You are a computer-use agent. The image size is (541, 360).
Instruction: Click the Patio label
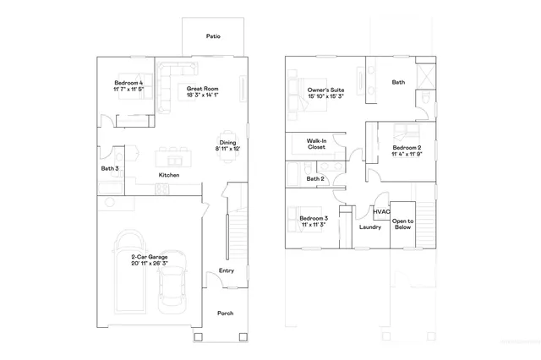click(214, 36)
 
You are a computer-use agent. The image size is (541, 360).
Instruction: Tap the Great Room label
click(203, 89)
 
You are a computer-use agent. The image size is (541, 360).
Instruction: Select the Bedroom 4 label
click(129, 84)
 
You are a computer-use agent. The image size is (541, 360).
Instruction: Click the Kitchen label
click(169, 175)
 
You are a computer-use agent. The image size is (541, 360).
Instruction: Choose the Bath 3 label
click(109, 168)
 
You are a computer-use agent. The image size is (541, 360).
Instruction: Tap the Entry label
click(226, 270)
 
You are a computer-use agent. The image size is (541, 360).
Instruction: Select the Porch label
click(225, 313)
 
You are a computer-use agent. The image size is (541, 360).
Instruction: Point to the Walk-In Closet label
click(317, 143)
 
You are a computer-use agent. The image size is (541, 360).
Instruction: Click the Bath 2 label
click(315, 178)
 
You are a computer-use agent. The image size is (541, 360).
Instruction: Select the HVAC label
click(380, 211)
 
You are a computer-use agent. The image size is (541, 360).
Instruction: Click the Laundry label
click(370, 226)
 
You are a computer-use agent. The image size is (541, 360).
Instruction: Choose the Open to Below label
click(402, 224)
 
